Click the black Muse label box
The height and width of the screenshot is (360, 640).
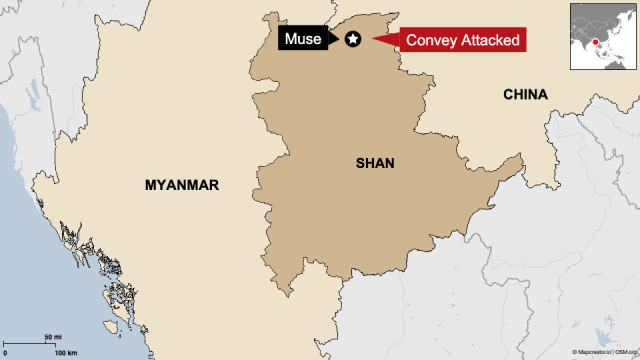(x=304, y=40)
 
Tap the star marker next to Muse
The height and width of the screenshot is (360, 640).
(x=353, y=39)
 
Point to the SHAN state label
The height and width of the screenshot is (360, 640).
(x=376, y=162)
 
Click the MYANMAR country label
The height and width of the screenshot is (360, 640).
(x=181, y=185)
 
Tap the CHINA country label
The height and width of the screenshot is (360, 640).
(x=525, y=95)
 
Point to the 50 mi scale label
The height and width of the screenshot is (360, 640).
(x=53, y=337)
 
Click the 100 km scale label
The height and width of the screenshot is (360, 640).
(x=66, y=353)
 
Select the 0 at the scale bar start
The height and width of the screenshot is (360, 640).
(x=6, y=353)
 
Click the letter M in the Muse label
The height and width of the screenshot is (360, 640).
(x=291, y=41)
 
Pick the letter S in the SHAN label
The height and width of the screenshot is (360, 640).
(x=360, y=162)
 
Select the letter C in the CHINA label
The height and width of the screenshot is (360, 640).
(x=507, y=95)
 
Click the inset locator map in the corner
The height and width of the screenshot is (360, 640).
(x=603, y=37)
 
